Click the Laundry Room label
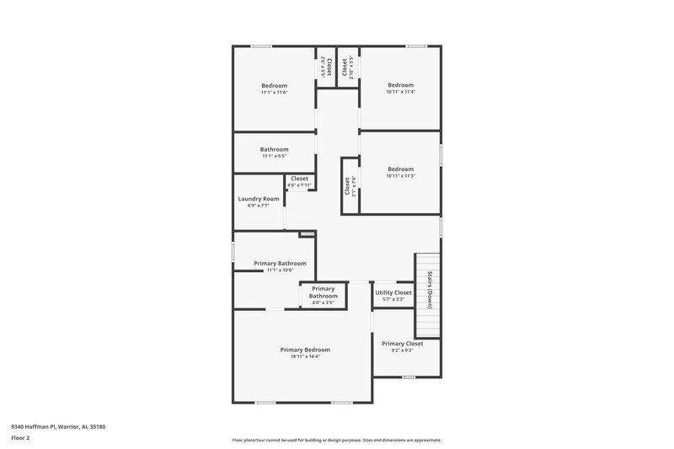tap(258, 199)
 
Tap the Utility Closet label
tap(393, 292)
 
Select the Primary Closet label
tap(402, 344)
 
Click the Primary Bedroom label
tap(305, 350)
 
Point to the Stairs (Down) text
tap(430, 290)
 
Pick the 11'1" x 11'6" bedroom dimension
tap(275, 92)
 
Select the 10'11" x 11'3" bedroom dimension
tap(401, 175)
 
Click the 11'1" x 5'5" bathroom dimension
tap(275, 156)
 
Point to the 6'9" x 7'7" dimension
tap(258, 206)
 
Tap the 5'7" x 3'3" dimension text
tap(393, 299)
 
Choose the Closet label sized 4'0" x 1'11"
tap(299, 179)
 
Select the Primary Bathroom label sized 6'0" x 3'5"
tap(323, 292)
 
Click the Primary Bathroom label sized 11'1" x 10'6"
tap(280, 264)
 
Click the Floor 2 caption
tap(20, 438)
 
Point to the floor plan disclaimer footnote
tap(336, 440)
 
